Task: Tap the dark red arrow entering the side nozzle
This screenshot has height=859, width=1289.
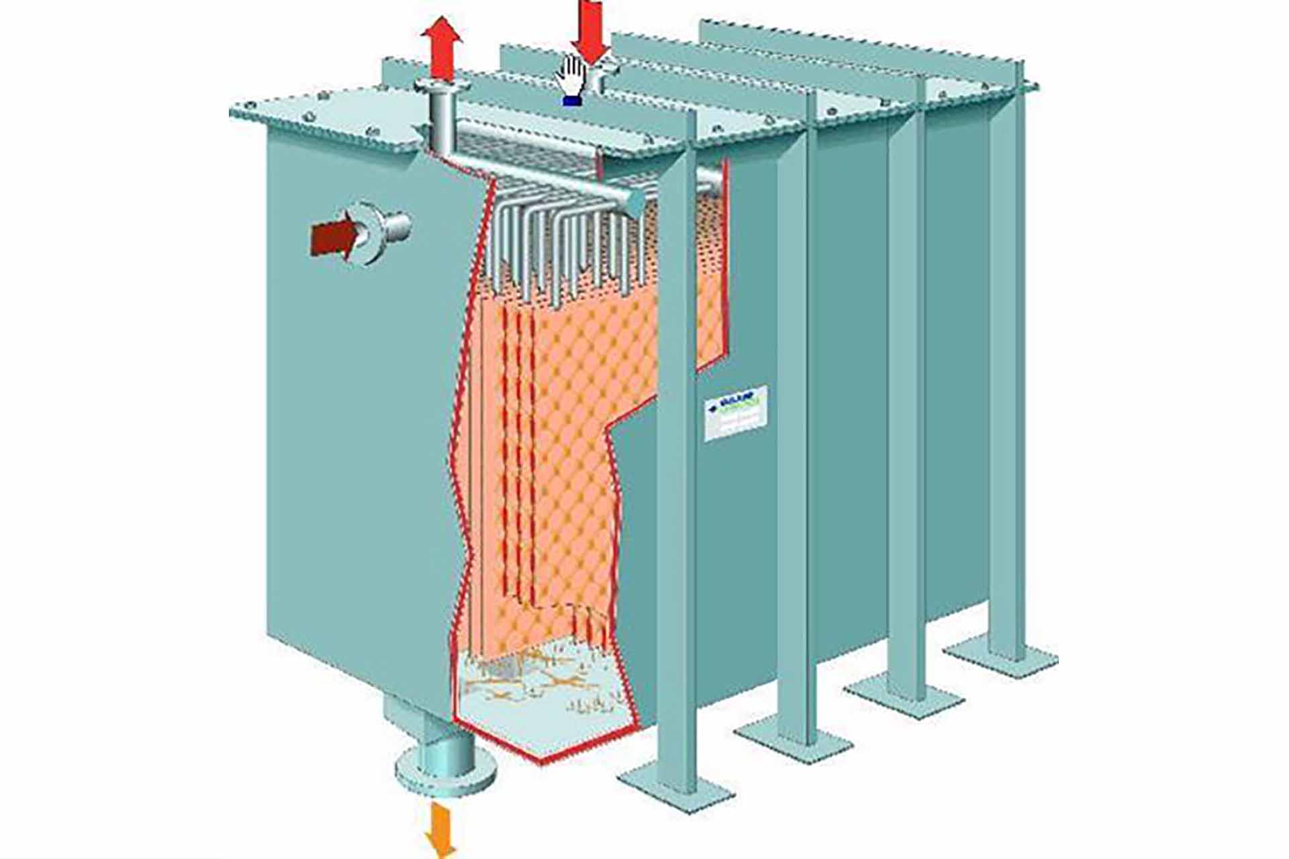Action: (334, 237)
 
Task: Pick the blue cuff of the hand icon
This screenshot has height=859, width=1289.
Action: (571, 101)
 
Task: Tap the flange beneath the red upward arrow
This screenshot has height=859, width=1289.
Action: (441, 88)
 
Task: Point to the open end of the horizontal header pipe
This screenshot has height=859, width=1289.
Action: (634, 201)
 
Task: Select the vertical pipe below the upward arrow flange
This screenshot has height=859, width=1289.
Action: (440, 124)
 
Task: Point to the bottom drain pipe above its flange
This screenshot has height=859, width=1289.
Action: (442, 745)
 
